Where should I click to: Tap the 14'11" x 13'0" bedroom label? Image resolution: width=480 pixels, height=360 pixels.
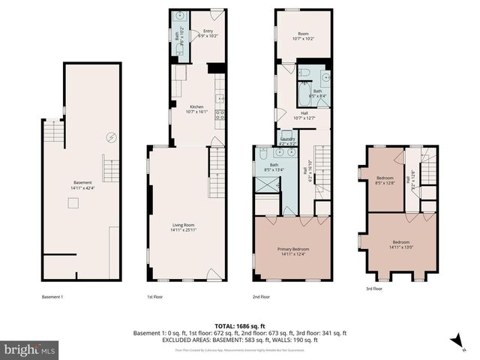pyautogui.click(x=400, y=244)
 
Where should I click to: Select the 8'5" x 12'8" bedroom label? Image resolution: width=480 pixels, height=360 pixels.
pyautogui.click(x=385, y=180)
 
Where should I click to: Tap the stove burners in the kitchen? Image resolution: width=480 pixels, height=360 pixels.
pyautogui.click(x=220, y=115)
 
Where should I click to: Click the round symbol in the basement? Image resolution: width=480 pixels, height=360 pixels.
pyautogui.click(x=111, y=137)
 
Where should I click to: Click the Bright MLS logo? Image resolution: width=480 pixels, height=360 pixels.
pyautogui.click(x=29, y=349)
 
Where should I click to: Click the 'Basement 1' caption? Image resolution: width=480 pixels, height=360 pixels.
pyautogui.click(x=52, y=296)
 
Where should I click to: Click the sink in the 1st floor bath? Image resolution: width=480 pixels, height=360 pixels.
pyautogui.click(x=180, y=16)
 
